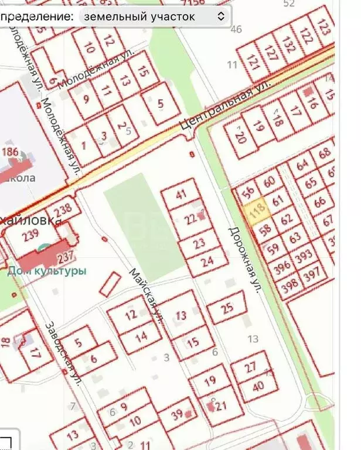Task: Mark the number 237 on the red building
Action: tap(66, 255)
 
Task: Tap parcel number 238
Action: tap(62, 209)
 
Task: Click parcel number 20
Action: tap(240, 138)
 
